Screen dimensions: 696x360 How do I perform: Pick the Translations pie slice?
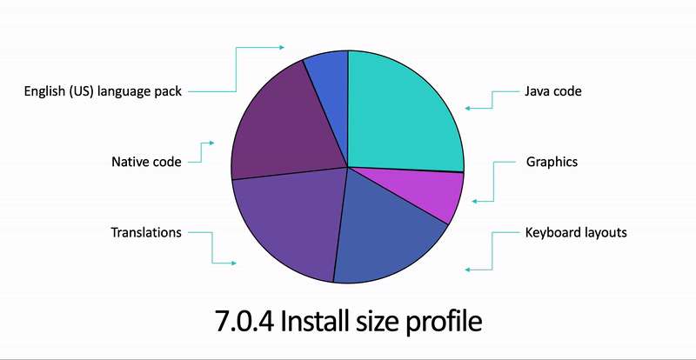tap(287, 226)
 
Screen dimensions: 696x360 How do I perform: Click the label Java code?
tap(552, 90)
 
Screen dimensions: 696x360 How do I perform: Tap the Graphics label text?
tap(552, 162)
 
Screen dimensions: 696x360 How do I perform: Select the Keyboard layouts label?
tap(576, 232)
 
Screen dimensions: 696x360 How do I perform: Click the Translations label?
tap(146, 232)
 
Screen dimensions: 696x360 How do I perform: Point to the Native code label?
tap(146, 162)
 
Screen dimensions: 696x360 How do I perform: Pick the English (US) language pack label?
tap(103, 91)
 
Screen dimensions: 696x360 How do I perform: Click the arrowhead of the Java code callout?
tap(467, 109)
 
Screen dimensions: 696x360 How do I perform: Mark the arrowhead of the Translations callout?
tap(232, 263)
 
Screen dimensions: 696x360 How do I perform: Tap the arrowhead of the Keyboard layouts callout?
tap(468, 270)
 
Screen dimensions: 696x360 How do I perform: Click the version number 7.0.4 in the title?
tap(244, 320)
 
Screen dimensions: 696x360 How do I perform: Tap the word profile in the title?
tap(452, 320)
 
